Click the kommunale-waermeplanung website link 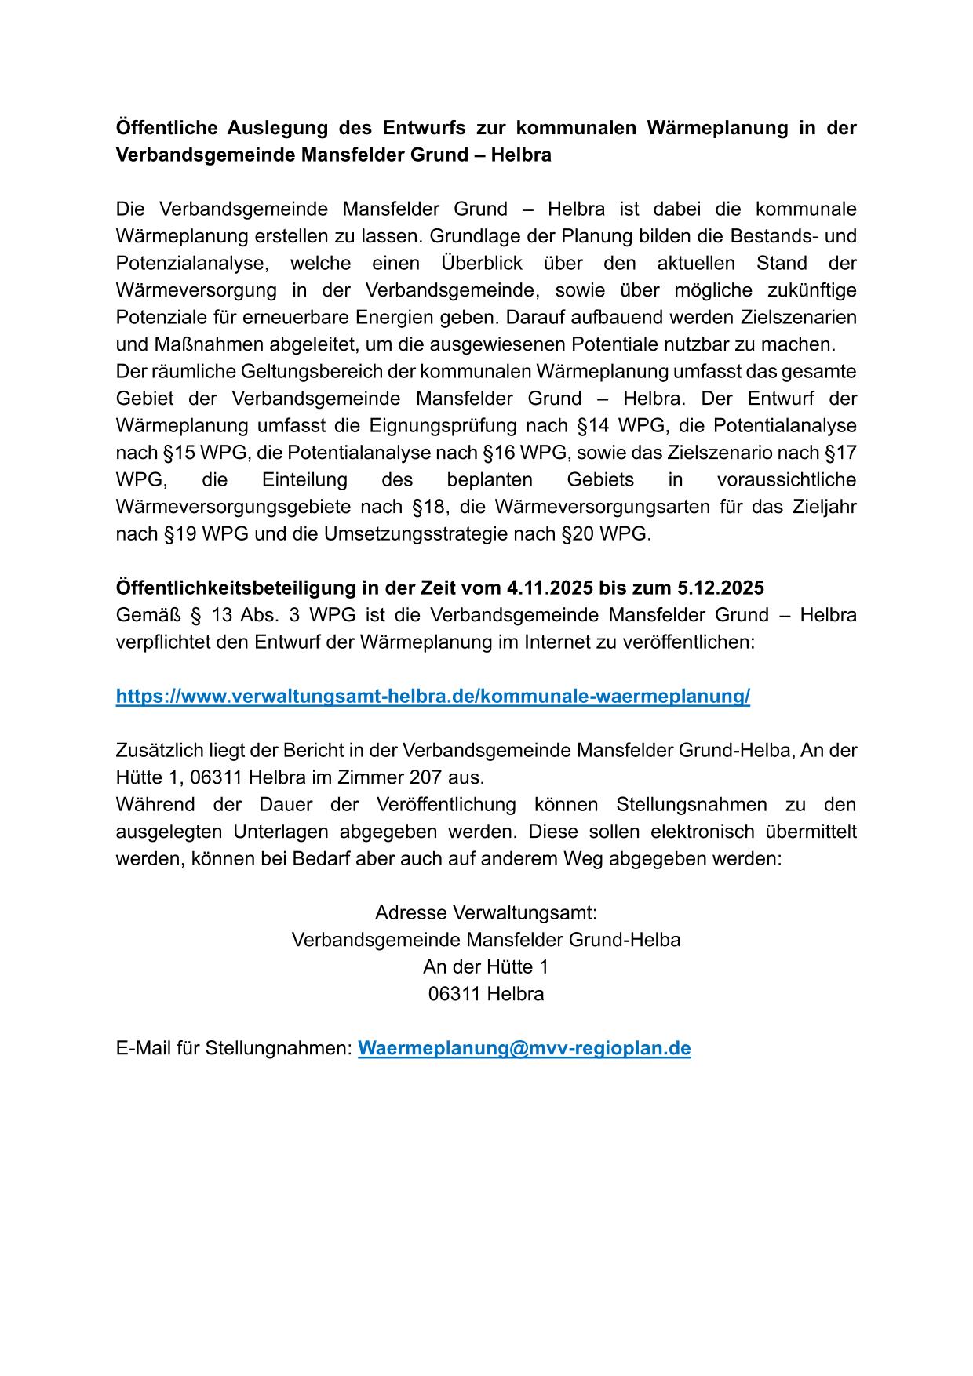(432, 697)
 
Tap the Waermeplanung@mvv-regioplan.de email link (524, 1048)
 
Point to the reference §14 (594, 426)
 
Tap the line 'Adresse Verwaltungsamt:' (486, 913)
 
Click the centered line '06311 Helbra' (486, 994)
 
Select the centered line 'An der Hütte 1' (486, 966)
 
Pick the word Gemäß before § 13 (147, 615)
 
